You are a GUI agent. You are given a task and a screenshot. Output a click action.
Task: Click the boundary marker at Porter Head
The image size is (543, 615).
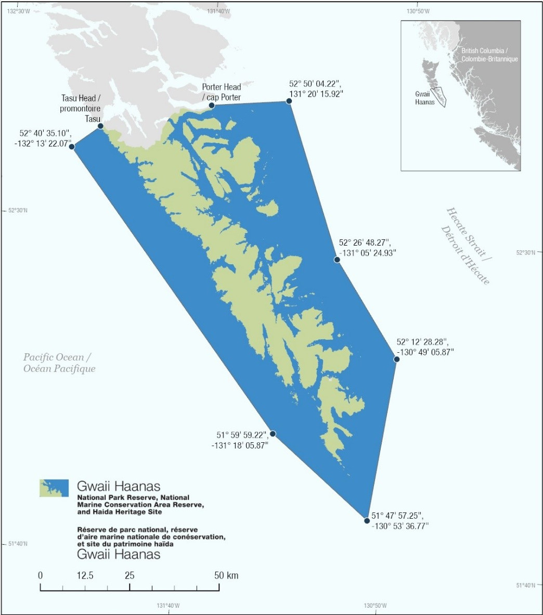(x=212, y=106)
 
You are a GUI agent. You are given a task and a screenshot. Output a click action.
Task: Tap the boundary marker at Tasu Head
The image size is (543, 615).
(x=100, y=126)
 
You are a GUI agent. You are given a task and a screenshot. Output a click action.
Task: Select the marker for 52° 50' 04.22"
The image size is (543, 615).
(x=289, y=101)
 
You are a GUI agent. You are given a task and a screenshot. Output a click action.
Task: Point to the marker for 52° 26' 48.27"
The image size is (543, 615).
(x=337, y=259)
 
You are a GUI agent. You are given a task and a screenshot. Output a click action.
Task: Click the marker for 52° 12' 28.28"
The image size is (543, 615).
(x=396, y=359)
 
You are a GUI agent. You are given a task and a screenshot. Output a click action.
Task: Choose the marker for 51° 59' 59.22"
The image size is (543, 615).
(x=273, y=433)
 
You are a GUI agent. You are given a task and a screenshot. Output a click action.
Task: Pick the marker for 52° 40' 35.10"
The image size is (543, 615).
(x=72, y=147)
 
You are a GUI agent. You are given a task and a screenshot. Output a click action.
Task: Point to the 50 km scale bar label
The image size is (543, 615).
(x=226, y=575)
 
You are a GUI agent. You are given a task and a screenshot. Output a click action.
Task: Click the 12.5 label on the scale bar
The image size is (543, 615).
(x=85, y=575)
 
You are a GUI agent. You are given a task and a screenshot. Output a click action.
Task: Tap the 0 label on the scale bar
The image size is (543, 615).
(x=41, y=575)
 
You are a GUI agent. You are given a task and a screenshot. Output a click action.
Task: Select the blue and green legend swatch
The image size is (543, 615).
(x=54, y=488)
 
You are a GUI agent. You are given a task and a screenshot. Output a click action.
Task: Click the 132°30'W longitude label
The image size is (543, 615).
(x=19, y=10)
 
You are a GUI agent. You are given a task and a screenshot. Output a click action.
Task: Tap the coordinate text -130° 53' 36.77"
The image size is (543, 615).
(x=400, y=526)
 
